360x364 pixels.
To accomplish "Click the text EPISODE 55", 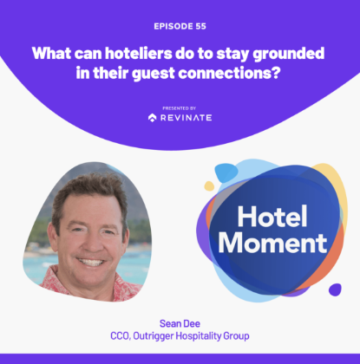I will click(180, 27).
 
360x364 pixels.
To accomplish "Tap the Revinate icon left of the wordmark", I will click(153, 118).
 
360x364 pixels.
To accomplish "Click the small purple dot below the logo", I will click(335, 289).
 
